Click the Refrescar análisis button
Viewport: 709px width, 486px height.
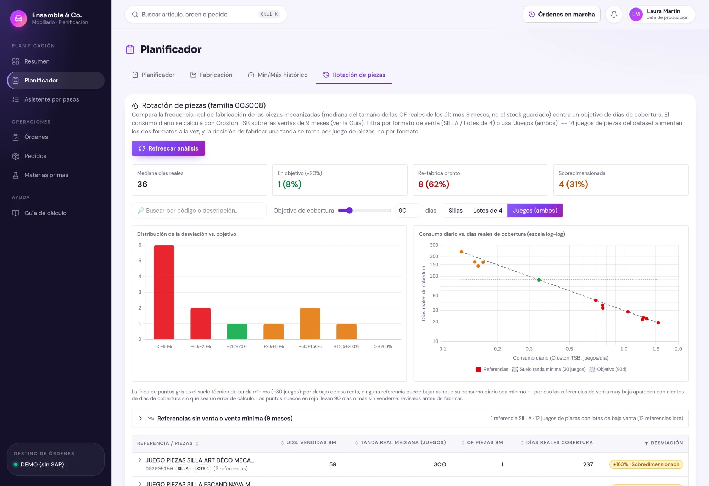[168, 148]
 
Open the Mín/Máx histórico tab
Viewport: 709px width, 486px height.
[278, 75]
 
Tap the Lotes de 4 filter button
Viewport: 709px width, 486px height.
[487, 211]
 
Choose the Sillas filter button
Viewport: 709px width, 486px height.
[456, 211]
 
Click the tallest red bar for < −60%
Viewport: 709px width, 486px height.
[164, 292]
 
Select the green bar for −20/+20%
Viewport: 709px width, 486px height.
[237, 332]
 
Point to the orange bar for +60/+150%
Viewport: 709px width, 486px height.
[310, 324]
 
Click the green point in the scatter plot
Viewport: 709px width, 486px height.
[539, 280]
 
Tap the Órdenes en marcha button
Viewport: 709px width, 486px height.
[562, 14]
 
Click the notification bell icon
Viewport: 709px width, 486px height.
[614, 14]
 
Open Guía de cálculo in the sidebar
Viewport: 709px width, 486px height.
[45, 213]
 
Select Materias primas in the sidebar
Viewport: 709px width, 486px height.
[46, 175]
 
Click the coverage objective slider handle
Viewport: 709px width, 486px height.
[350, 211]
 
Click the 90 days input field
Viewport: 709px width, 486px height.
[408, 211]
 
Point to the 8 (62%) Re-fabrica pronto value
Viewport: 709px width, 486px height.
[434, 184]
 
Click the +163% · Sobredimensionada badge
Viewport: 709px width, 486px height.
[646, 464]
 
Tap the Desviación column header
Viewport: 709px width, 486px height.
[664, 443]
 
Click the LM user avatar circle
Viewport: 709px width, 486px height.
[636, 14]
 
